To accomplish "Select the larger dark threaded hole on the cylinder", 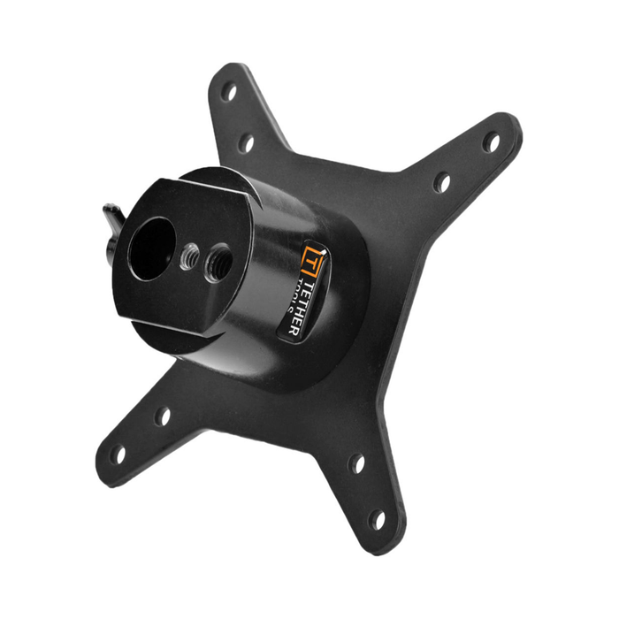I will (218, 263).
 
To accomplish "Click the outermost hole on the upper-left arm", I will (229, 91).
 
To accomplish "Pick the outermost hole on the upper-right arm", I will (490, 141).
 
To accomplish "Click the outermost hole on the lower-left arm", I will (118, 455).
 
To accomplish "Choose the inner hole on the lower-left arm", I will (163, 416).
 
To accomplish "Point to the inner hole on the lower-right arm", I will (356, 462).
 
